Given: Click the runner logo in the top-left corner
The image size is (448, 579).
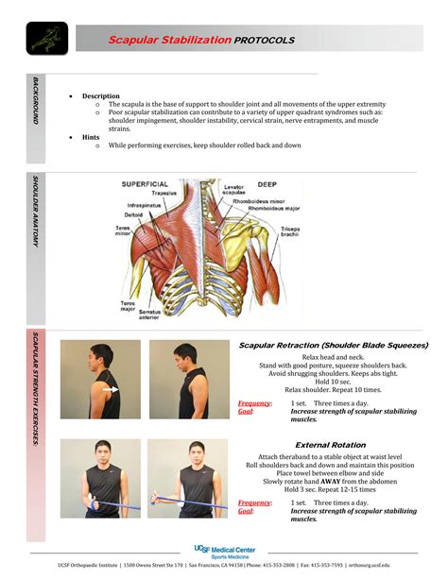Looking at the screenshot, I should (43, 39).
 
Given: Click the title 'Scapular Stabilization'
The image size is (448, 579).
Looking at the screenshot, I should (169, 40).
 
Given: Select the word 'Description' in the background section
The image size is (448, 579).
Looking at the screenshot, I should (101, 96).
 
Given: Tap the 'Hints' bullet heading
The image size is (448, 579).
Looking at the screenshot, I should (91, 137).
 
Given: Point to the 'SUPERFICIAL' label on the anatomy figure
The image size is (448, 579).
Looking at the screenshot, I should (143, 184).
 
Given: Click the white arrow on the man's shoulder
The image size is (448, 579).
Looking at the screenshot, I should (111, 388).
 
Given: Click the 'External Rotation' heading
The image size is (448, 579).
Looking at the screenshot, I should (331, 444).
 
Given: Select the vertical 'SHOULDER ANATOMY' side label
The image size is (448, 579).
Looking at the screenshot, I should (36, 212).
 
